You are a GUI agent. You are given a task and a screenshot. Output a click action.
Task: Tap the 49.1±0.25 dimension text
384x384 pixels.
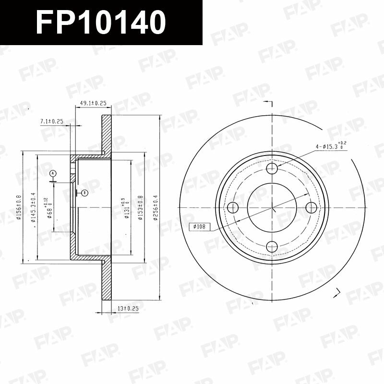93,103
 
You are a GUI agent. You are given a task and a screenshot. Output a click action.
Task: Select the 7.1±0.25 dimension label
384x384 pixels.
52,122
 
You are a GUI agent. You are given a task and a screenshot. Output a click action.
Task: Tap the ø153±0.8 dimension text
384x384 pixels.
140,207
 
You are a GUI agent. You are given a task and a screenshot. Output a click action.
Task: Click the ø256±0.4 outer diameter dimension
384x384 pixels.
155,207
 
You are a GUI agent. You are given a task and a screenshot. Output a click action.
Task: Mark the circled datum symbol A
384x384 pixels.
53,173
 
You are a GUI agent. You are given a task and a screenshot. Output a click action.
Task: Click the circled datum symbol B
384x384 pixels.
84,193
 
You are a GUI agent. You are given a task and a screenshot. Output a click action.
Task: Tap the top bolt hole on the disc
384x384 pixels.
272,168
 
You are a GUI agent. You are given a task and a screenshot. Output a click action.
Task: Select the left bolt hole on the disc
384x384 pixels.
233,208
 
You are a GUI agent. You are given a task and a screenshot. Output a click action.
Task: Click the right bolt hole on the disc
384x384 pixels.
312,208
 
